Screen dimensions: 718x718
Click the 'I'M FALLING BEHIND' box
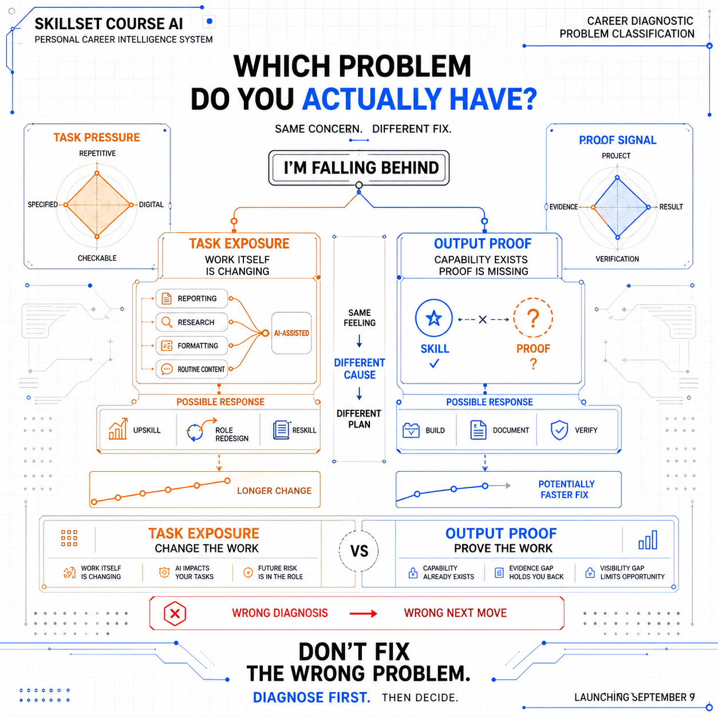pos(359,168)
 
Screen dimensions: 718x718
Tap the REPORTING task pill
pos(192,298)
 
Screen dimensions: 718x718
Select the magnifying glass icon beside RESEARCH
pos(167,322)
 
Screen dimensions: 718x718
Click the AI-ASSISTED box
pos(291,333)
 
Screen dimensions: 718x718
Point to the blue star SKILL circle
pos(433,318)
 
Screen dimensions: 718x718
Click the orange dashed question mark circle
pos(533,318)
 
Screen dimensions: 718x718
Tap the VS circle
pos(359,551)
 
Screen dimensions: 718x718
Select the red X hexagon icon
pos(175,613)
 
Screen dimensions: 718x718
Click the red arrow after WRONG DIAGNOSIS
pos(363,613)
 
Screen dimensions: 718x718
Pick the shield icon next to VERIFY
pos(559,431)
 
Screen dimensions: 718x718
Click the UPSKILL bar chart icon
pos(118,429)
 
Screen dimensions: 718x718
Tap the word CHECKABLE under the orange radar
pos(97,258)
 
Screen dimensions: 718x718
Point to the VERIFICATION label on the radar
pos(617,259)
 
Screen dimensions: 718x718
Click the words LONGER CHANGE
pos(274,491)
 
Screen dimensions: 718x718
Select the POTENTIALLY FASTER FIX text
pos(566,489)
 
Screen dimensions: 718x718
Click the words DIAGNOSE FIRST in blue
pos(311,697)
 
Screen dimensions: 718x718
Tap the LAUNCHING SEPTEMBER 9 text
pos(634,697)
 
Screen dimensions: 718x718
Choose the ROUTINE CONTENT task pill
pos(192,369)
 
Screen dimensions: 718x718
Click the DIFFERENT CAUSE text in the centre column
pos(360,369)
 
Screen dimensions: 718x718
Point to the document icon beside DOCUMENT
pos(478,430)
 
